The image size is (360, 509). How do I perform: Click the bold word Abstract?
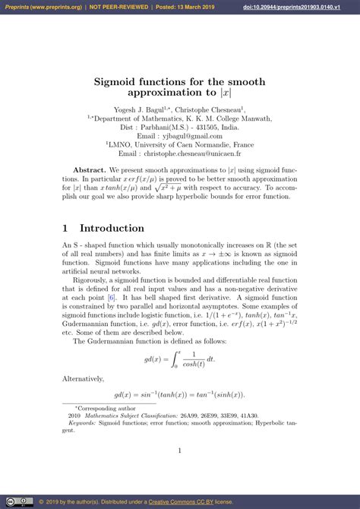click(x=89, y=171)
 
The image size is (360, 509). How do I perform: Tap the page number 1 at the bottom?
click(x=180, y=451)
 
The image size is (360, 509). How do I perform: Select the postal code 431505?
click(x=207, y=128)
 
